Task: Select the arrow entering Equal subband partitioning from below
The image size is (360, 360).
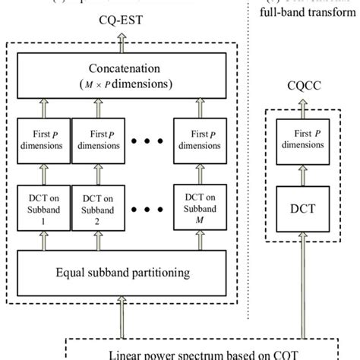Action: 122,311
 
